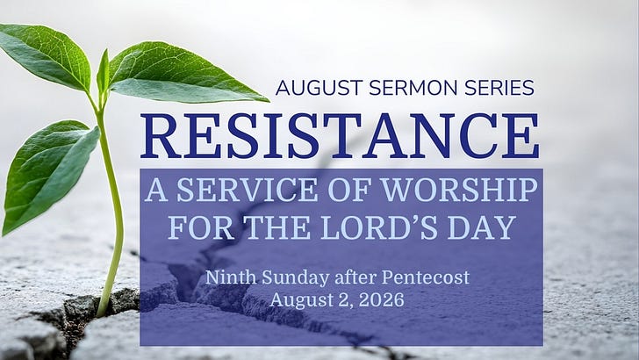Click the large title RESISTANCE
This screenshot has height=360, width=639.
coord(340,136)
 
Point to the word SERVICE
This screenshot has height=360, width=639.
coord(247,190)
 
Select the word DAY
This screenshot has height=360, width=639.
coord(482,227)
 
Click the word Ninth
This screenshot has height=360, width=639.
coord(231,277)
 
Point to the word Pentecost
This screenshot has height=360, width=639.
coord(426,277)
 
